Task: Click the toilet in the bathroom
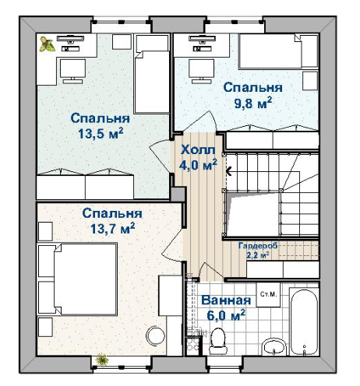(218, 341)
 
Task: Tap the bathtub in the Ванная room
(304, 322)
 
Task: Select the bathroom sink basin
(274, 347)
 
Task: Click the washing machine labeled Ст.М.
(268, 295)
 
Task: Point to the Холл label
(198, 150)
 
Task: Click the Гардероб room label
(258, 245)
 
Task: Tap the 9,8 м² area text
(253, 103)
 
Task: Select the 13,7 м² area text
(112, 229)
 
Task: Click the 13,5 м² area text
(101, 134)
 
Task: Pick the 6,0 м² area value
(226, 315)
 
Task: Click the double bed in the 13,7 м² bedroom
(77, 279)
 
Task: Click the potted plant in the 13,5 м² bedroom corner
(47, 44)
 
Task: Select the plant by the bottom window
(102, 360)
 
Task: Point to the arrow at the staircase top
(229, 171)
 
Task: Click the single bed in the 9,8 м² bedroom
(278, 51)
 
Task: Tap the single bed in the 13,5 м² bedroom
(152, 74)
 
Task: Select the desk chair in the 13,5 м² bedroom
(72, 72)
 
